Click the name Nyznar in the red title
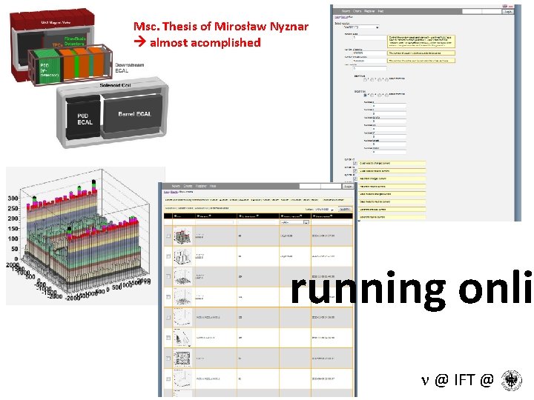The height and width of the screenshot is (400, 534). pos(283,27)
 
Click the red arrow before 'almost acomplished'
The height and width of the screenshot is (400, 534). pos(139,43)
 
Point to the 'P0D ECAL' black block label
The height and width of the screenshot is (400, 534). pos(85,119)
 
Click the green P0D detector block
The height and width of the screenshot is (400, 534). pos(50,69)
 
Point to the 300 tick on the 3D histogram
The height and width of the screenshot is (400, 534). pos(13,199)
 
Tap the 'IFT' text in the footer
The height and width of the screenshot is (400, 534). pos(464,381)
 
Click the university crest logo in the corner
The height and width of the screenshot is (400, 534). pos(511,381)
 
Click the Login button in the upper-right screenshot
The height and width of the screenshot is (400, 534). pos(507,11)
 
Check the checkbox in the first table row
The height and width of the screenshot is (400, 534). pos(168,237)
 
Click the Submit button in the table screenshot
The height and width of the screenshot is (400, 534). pos(345,210)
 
